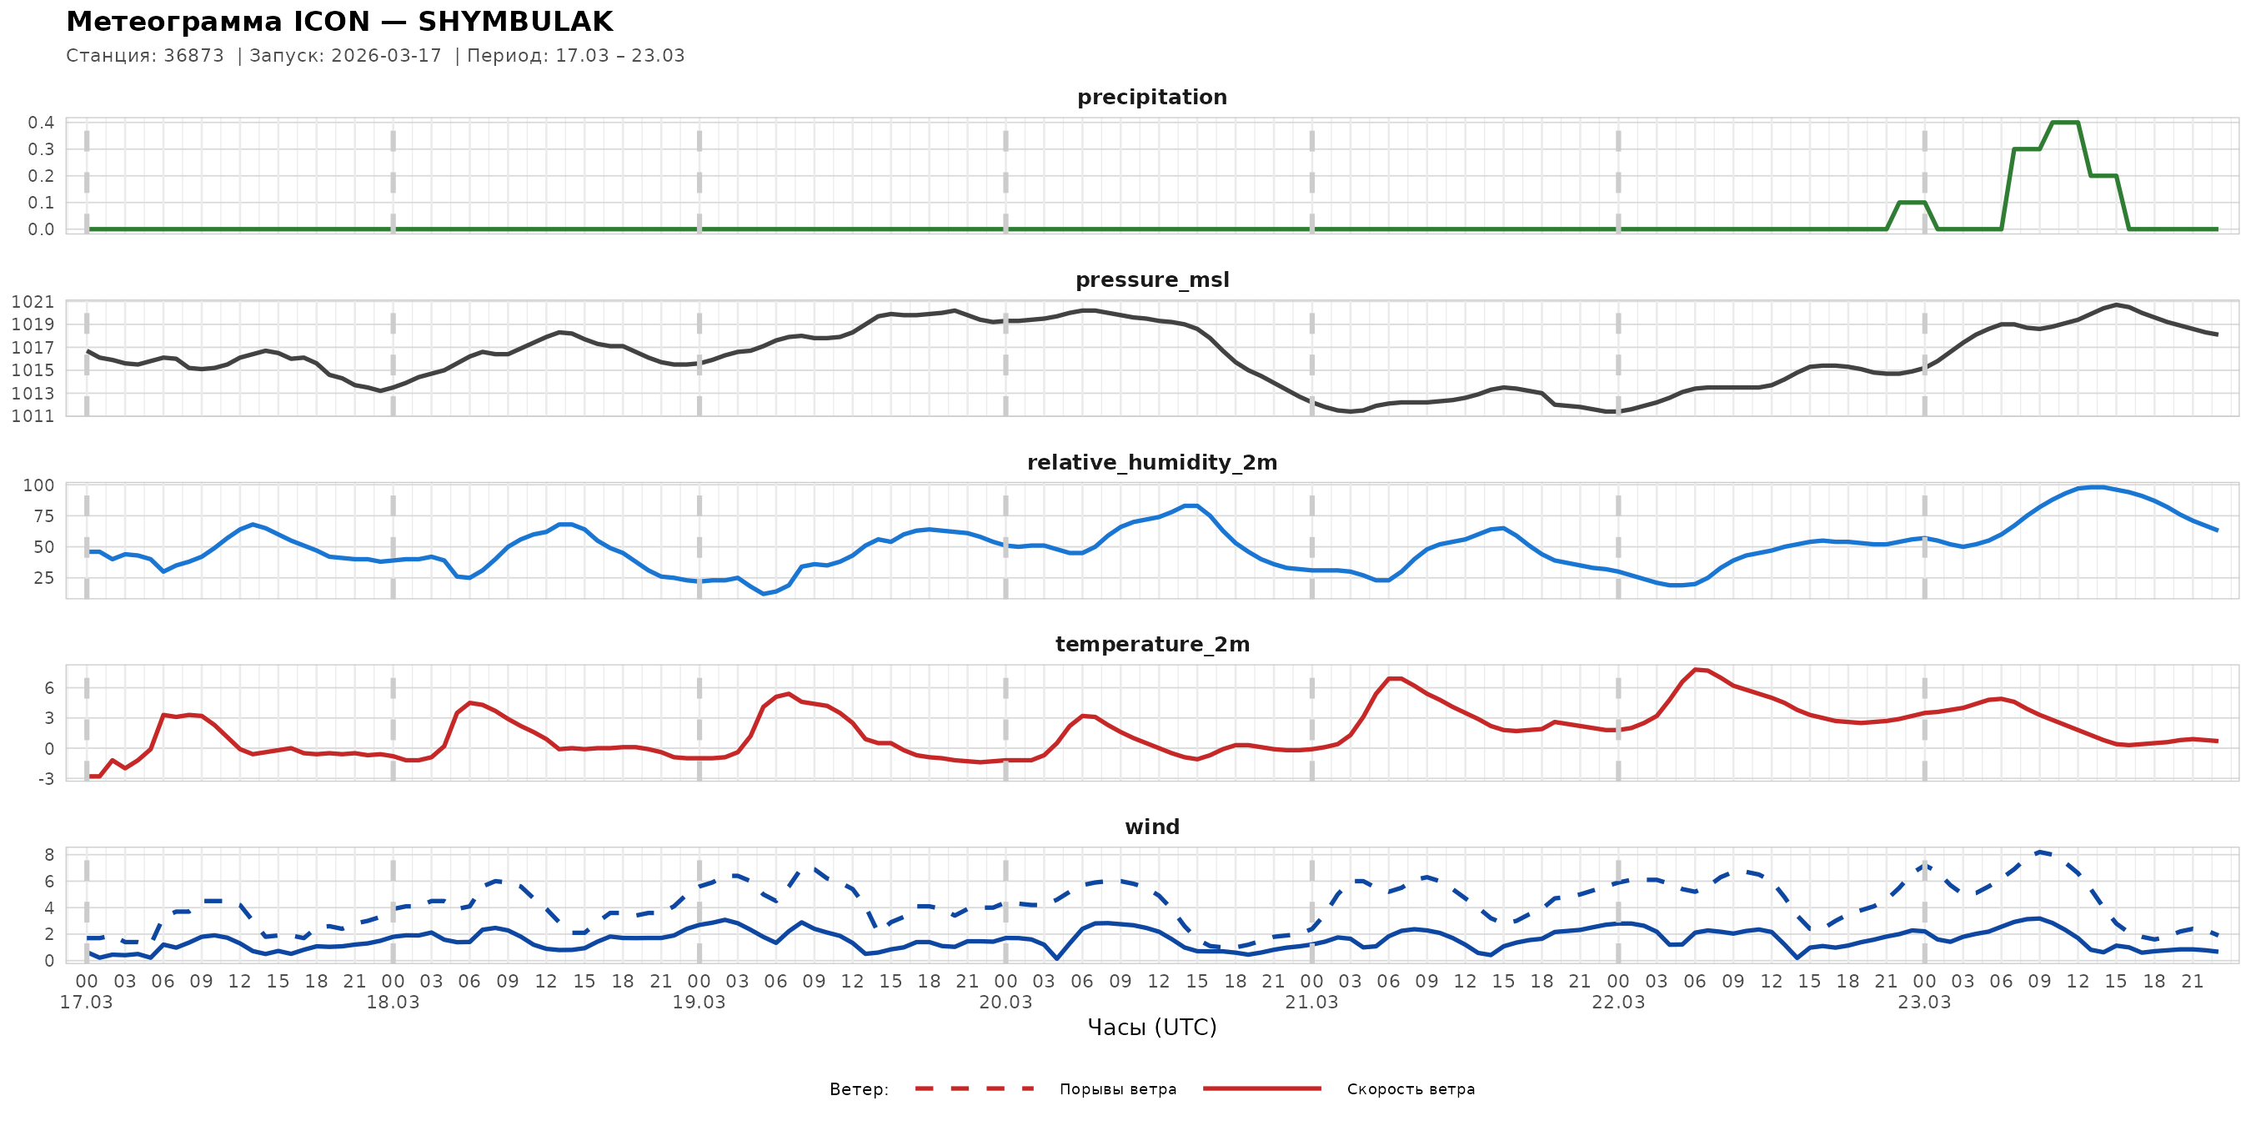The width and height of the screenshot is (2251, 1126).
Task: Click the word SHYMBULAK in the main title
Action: click(514, 22)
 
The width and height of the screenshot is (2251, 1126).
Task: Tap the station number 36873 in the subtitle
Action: click(193, 56)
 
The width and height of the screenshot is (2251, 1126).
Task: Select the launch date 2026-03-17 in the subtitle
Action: click(386, 56)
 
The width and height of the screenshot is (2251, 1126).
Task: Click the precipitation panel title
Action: click(1151, 97)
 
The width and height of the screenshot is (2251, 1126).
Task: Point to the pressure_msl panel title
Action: click(1151, 279)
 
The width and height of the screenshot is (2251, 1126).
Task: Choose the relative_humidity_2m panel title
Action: click(1151, 462)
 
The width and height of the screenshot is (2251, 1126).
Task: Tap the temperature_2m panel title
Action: click(1151, 644)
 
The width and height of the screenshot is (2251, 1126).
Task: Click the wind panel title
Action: click(1151, 827)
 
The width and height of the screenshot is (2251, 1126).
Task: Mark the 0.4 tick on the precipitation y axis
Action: click(41, 123)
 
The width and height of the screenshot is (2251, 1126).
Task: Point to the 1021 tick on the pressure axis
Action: click(33, 303)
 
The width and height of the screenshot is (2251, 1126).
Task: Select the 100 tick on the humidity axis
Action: click(38, 485)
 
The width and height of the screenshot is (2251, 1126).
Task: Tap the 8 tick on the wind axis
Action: click(49, 855)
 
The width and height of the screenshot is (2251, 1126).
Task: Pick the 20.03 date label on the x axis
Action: click(1005, 1003)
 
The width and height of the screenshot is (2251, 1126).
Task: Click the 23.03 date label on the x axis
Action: click(1924, 1003)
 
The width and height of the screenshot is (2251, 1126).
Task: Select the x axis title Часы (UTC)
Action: click(1151, 1028)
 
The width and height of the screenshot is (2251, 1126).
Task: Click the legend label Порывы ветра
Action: click(1118, 1089)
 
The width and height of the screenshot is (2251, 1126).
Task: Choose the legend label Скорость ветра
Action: click(1411, 1089)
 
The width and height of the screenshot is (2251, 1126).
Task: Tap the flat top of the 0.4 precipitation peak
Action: click(2065, 123)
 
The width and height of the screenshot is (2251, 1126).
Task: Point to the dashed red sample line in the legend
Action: click(975, 1089)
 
